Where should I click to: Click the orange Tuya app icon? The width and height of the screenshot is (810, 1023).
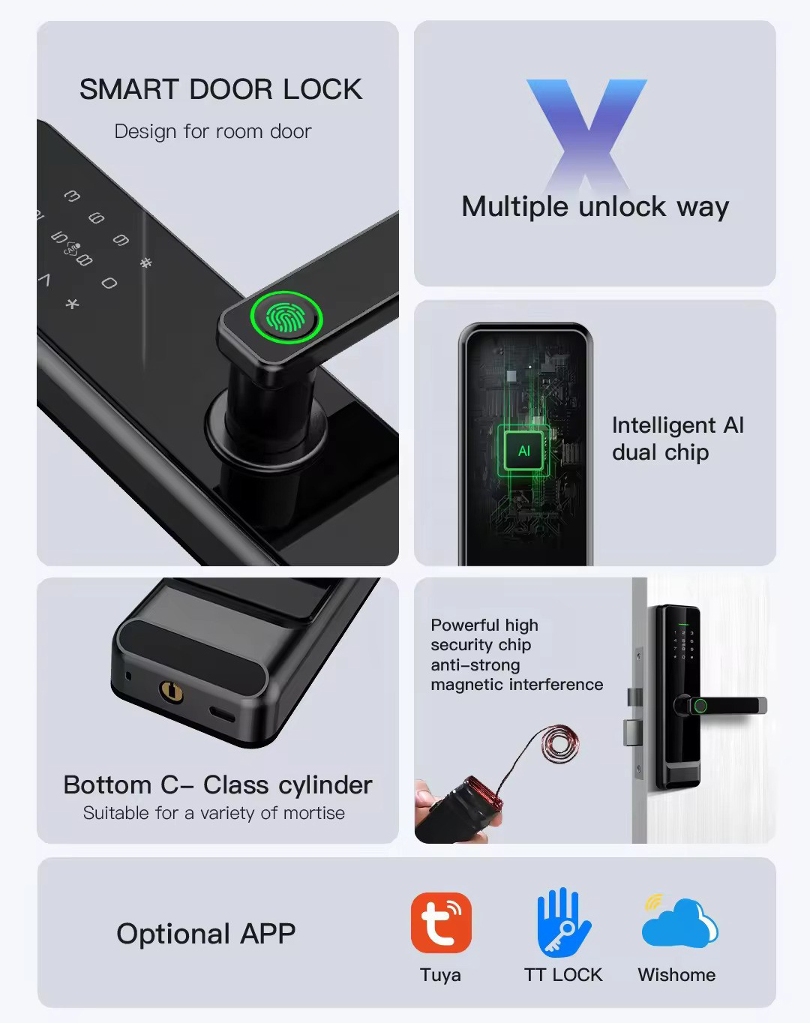(441, 922)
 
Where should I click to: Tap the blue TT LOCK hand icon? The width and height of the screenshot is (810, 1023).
(564, 922)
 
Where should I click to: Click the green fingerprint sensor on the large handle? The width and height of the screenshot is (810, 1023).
(286, 317)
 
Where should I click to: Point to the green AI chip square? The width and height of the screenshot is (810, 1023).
(523, 451)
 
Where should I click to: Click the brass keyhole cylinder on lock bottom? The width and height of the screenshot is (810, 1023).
(171, 691)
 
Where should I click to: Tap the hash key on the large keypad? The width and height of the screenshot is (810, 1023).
(146, 262)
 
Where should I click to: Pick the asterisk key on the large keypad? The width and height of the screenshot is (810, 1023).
(72, 303)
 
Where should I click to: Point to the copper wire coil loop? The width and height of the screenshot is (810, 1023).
(560, 744)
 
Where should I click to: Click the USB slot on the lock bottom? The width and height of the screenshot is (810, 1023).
(221, 714)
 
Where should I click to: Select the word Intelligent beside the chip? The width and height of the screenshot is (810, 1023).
(664, 425)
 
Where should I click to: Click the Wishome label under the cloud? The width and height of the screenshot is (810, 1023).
(676, 974)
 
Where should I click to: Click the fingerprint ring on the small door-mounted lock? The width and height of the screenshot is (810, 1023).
(700, 706)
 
